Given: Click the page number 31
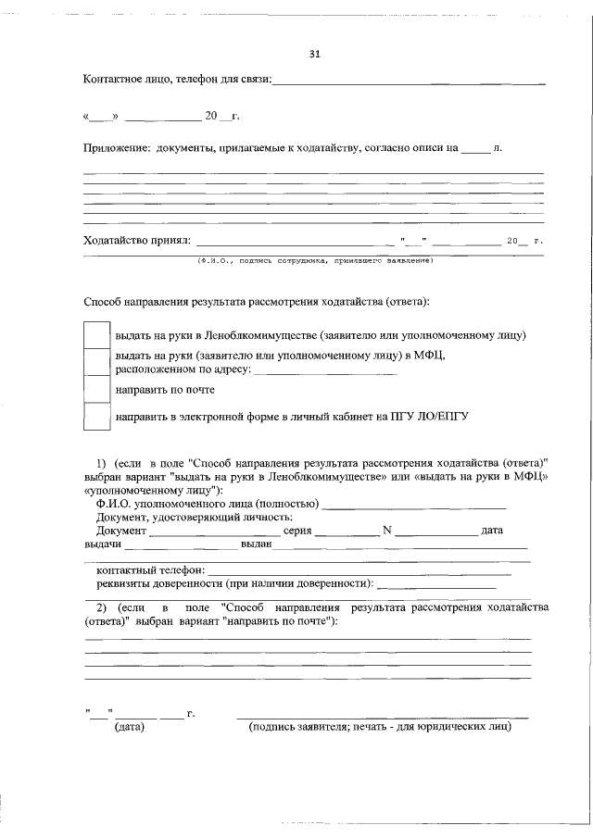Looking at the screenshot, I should [x=314, y=53].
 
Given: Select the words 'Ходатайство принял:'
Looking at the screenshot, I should [x=136, y=241].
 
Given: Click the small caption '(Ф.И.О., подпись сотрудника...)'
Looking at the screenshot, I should [x=315, y=260].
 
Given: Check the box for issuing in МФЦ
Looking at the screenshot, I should [x=96, y=362].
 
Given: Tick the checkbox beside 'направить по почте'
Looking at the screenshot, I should [x=96, y=390].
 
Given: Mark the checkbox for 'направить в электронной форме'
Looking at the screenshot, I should [x=96, y=417].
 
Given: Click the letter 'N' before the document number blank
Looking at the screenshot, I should [x=387, y=531].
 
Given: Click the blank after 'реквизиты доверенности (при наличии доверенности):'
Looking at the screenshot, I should [x=436, y=587].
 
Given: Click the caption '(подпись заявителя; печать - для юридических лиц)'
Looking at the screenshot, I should [x=380, y=728].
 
